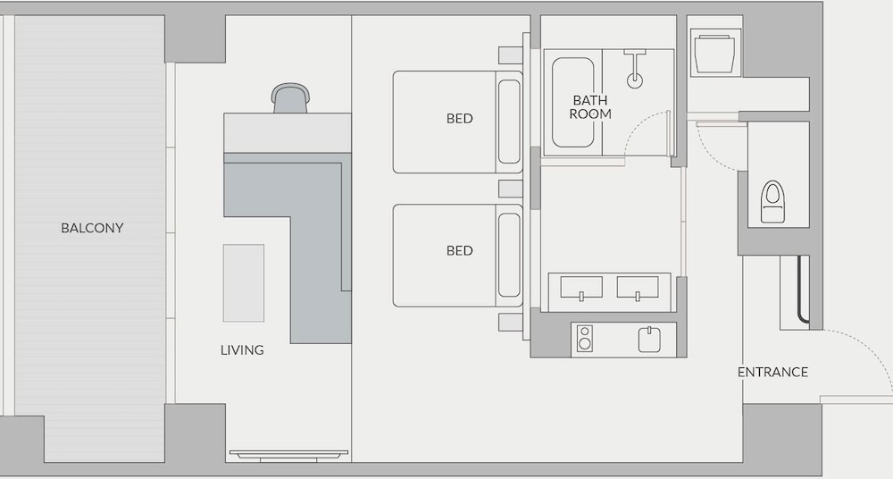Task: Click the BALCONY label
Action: pos(92,228)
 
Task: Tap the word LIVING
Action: pos(242,350)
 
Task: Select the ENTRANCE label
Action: pos(772,373)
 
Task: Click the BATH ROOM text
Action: pos(590,107)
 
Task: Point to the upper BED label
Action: pos(460,119)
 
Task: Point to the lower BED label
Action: pos(460,251)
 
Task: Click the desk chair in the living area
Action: pos(290,98)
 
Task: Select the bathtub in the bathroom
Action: pos(573,103)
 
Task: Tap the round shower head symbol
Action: pos(634,80)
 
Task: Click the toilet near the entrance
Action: pos(772,202)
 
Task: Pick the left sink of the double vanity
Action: pos(581,288)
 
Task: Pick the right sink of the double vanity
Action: pos(638,288)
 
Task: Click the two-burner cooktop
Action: pos(584,338)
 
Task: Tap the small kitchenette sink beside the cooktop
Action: pos(649,340)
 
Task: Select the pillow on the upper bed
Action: pos(509,122)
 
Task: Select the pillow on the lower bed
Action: pos(509,256)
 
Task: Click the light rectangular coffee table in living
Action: pos(244,283)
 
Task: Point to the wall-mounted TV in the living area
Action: pos(288,456)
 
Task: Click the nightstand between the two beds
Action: pos(510,189)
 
